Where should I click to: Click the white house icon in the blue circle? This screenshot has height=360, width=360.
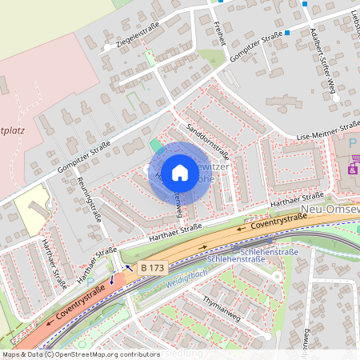click(180, 172)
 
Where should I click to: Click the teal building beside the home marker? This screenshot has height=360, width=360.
click(154, 146)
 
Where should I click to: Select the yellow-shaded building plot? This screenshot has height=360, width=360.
click(32, 210)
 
